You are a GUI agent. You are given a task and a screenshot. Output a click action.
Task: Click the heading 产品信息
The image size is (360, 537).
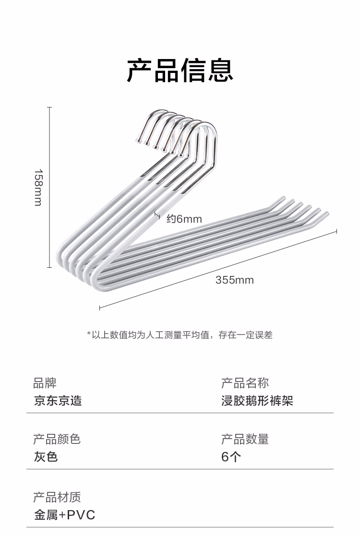180,71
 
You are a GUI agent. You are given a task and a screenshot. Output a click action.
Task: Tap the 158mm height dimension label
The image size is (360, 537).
38,187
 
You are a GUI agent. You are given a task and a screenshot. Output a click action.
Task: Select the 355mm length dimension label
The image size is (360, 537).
234,280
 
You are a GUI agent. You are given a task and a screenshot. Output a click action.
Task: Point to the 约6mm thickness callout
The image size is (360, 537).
184,219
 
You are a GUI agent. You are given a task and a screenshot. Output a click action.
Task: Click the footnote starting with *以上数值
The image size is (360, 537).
180,335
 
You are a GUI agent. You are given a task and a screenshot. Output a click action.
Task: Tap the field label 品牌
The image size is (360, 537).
45,383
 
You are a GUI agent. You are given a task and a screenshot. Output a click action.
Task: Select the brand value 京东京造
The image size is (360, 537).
58,401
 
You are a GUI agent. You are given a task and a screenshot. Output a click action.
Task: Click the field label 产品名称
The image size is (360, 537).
245,383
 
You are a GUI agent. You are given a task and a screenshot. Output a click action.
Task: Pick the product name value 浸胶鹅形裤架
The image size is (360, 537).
257,401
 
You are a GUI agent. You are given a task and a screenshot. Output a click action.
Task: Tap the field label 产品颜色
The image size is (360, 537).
57,439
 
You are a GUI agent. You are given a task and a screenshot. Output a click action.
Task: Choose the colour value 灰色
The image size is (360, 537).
46,457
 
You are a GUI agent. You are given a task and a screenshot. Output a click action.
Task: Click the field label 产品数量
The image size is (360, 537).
245,439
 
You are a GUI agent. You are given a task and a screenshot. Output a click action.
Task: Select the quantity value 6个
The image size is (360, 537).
231,457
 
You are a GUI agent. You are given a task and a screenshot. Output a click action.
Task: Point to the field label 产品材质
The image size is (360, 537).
57,497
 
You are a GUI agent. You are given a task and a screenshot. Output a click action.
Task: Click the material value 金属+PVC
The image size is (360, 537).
64,515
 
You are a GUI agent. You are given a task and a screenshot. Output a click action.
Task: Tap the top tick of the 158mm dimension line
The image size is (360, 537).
49,107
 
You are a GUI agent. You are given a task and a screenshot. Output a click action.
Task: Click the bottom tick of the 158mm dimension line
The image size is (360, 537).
49,267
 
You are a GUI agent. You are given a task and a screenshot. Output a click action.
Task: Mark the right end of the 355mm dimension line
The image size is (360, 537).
336,231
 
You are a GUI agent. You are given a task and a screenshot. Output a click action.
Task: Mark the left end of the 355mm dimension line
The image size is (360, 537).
99,308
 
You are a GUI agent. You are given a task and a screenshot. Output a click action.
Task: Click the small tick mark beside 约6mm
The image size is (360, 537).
157,215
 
